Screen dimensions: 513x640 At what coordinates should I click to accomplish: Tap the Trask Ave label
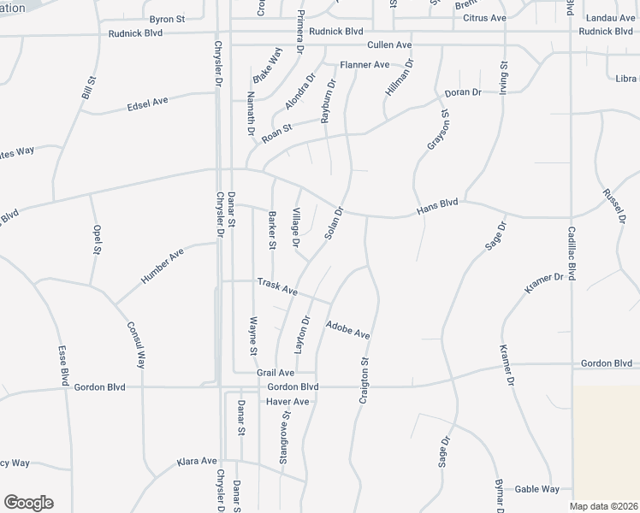coord(277,286)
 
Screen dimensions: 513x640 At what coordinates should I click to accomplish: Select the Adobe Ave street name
coord(348,329)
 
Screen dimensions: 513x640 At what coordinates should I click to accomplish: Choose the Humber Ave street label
coord(162,268)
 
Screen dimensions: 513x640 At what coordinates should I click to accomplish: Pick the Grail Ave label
coord(276,374)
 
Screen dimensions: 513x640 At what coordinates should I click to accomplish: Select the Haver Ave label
coord(287,402)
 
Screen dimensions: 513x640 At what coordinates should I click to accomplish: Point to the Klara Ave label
coord(197,461)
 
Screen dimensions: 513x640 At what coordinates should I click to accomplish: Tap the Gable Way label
coord(536,489)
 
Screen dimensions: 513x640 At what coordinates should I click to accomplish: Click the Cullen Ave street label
coord(389,44)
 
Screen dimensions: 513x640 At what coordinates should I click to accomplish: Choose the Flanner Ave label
coord(364,65)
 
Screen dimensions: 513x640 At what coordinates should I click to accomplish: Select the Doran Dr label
coord(463,92)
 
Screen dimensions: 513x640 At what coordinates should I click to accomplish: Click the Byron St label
coord(167,19)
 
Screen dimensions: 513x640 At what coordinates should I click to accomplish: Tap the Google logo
coord(28,502)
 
